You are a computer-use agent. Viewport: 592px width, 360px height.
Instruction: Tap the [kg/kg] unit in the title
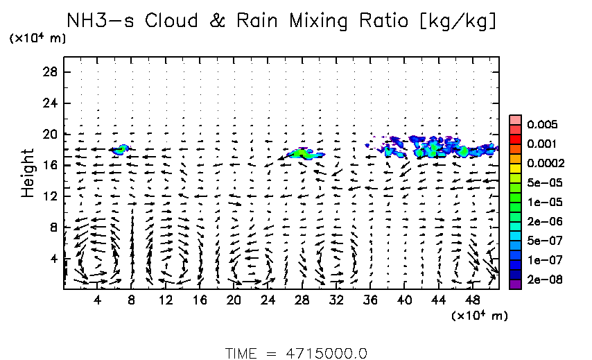[463, 21]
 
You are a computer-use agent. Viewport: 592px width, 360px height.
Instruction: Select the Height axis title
[28, 172]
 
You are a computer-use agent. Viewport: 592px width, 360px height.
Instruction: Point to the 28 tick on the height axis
[51, 71]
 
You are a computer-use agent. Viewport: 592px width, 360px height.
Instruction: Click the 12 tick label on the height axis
[51, 196]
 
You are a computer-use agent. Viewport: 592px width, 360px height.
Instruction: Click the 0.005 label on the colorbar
[540, 125]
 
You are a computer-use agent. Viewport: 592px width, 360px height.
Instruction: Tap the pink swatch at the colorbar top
[515, 119]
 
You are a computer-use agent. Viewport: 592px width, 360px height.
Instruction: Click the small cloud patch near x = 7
[121, 149]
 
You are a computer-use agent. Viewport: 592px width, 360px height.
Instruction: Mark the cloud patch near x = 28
[304, 153]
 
